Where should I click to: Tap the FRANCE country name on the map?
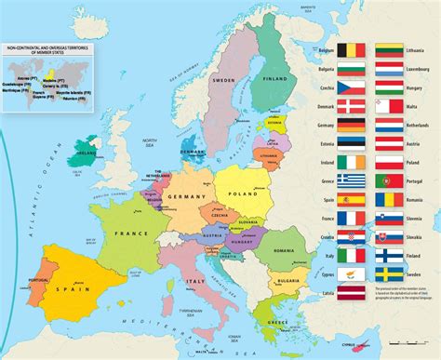click(x=131, y=233)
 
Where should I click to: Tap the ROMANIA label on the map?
click(x=284, y=251)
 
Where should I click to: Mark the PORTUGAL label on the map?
click(x=38, y=282)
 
